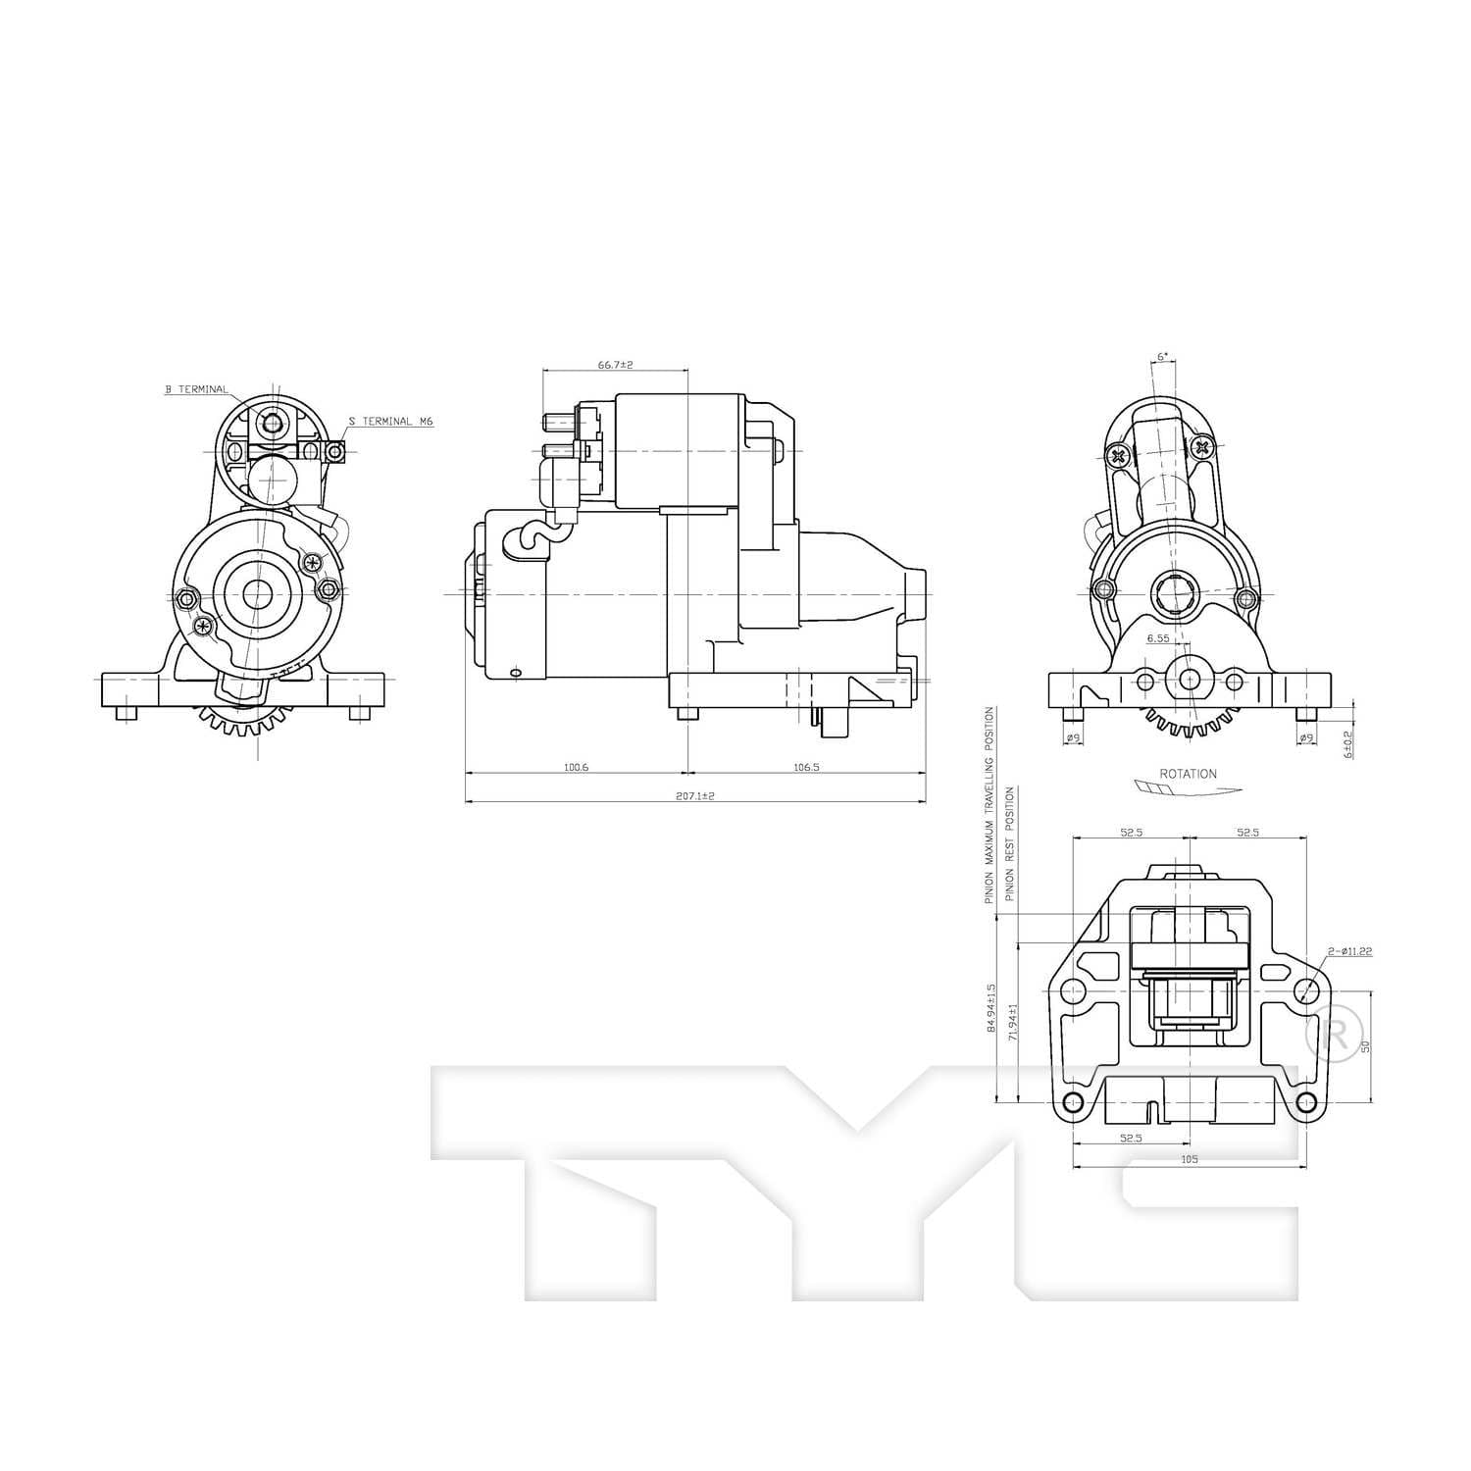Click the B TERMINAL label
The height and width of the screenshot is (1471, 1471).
pyautogui.click(x=196, y=389)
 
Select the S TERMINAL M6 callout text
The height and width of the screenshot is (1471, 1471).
pyautogui.click(x=390, y=422)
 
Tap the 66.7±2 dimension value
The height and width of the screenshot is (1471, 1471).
pyautogui.click(x=615, y=365)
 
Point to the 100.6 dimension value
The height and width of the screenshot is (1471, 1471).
pyautogui.click(x=576, y=768)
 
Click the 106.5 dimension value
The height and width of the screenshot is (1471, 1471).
pyautogui.click(x=805, y=768)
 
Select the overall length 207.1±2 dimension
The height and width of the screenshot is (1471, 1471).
pyautogui.click(x=694, y=796)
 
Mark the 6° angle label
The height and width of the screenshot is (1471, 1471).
pyautogui.click(x=1163, y=358)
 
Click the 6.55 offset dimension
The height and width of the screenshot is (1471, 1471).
pyautogui.click(x=1158, y=638)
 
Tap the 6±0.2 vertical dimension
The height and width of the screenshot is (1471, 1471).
pyautogui.click(x=1348, y=744)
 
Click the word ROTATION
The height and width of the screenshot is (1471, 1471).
pyautogui.click(x=1188, y=774)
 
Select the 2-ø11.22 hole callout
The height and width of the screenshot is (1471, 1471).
pyautogui.click(x=1349, y=951)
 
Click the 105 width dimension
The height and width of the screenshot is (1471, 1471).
pyautogui.click(x=1190, y=1159)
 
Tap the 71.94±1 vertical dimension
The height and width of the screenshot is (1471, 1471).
pyautogui.click(x=1013, y=1021)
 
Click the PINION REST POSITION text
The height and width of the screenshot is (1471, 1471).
pyautogui.click(x=1010, y=844)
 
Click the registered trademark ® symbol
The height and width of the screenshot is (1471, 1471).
pyautogui.click(x=1335, y=1034)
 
